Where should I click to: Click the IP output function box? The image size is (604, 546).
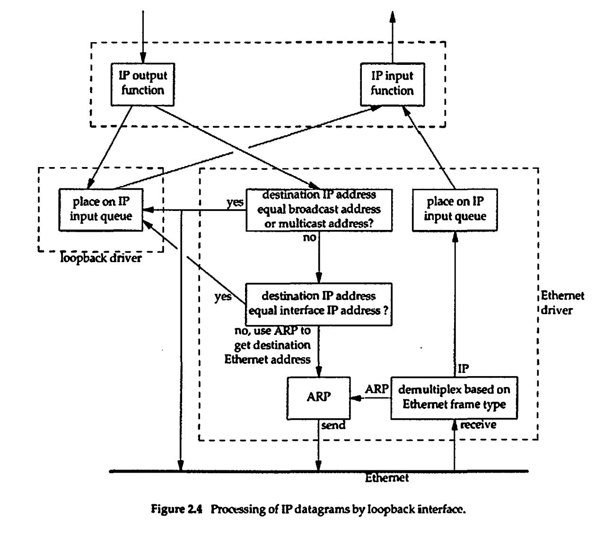pos(142,84)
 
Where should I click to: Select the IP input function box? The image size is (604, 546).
pos(392,84)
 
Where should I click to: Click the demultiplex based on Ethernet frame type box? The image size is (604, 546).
pos(454,397)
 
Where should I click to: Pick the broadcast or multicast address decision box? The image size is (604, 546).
pos(319,210)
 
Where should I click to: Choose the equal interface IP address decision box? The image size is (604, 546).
pos(319,304)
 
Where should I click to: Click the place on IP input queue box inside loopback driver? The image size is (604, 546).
pos(101,210)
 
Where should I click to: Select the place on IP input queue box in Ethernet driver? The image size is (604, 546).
pos(455,210)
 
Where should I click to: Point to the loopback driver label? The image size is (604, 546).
pos(101,259)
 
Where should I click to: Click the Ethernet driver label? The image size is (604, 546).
pos(562,303)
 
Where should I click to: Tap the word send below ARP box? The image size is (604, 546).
pos(333,425)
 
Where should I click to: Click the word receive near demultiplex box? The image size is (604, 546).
pos(478,425)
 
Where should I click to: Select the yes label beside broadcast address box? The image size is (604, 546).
pos(235,203)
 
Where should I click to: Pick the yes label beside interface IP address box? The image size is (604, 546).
pos(223,297)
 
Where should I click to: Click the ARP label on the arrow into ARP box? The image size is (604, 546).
pos(376,389)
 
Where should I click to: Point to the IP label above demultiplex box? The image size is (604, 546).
pos(464,369)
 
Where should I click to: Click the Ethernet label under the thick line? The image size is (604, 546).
pos(386,478)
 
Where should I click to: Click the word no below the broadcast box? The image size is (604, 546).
pos(309,238)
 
